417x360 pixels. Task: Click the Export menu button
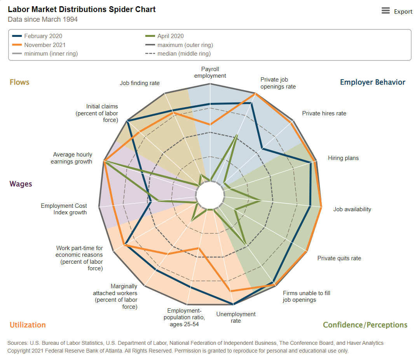point(396,11)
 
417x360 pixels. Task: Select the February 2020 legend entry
point(43,36)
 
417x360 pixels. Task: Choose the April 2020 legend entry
point(170,36)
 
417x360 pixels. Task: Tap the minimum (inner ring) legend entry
point(51,54)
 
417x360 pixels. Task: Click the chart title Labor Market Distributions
point(82,9)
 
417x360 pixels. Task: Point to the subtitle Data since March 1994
point(43,19)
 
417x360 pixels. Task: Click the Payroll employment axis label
point(210,73)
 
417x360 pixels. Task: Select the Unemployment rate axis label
point(236,317)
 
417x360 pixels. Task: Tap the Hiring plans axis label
point(343,158)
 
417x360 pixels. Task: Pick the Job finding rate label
point(140,83)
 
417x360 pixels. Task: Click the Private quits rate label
point(339,258)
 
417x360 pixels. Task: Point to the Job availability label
point(352,209)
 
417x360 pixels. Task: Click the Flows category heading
point(19,82)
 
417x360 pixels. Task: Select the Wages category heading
point(21,184)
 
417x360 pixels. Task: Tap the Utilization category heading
point(28,325)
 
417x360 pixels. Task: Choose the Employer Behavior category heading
point(372,82)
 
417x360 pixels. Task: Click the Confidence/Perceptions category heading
point(365,325)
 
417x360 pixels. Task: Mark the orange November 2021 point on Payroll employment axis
point(210,125)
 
